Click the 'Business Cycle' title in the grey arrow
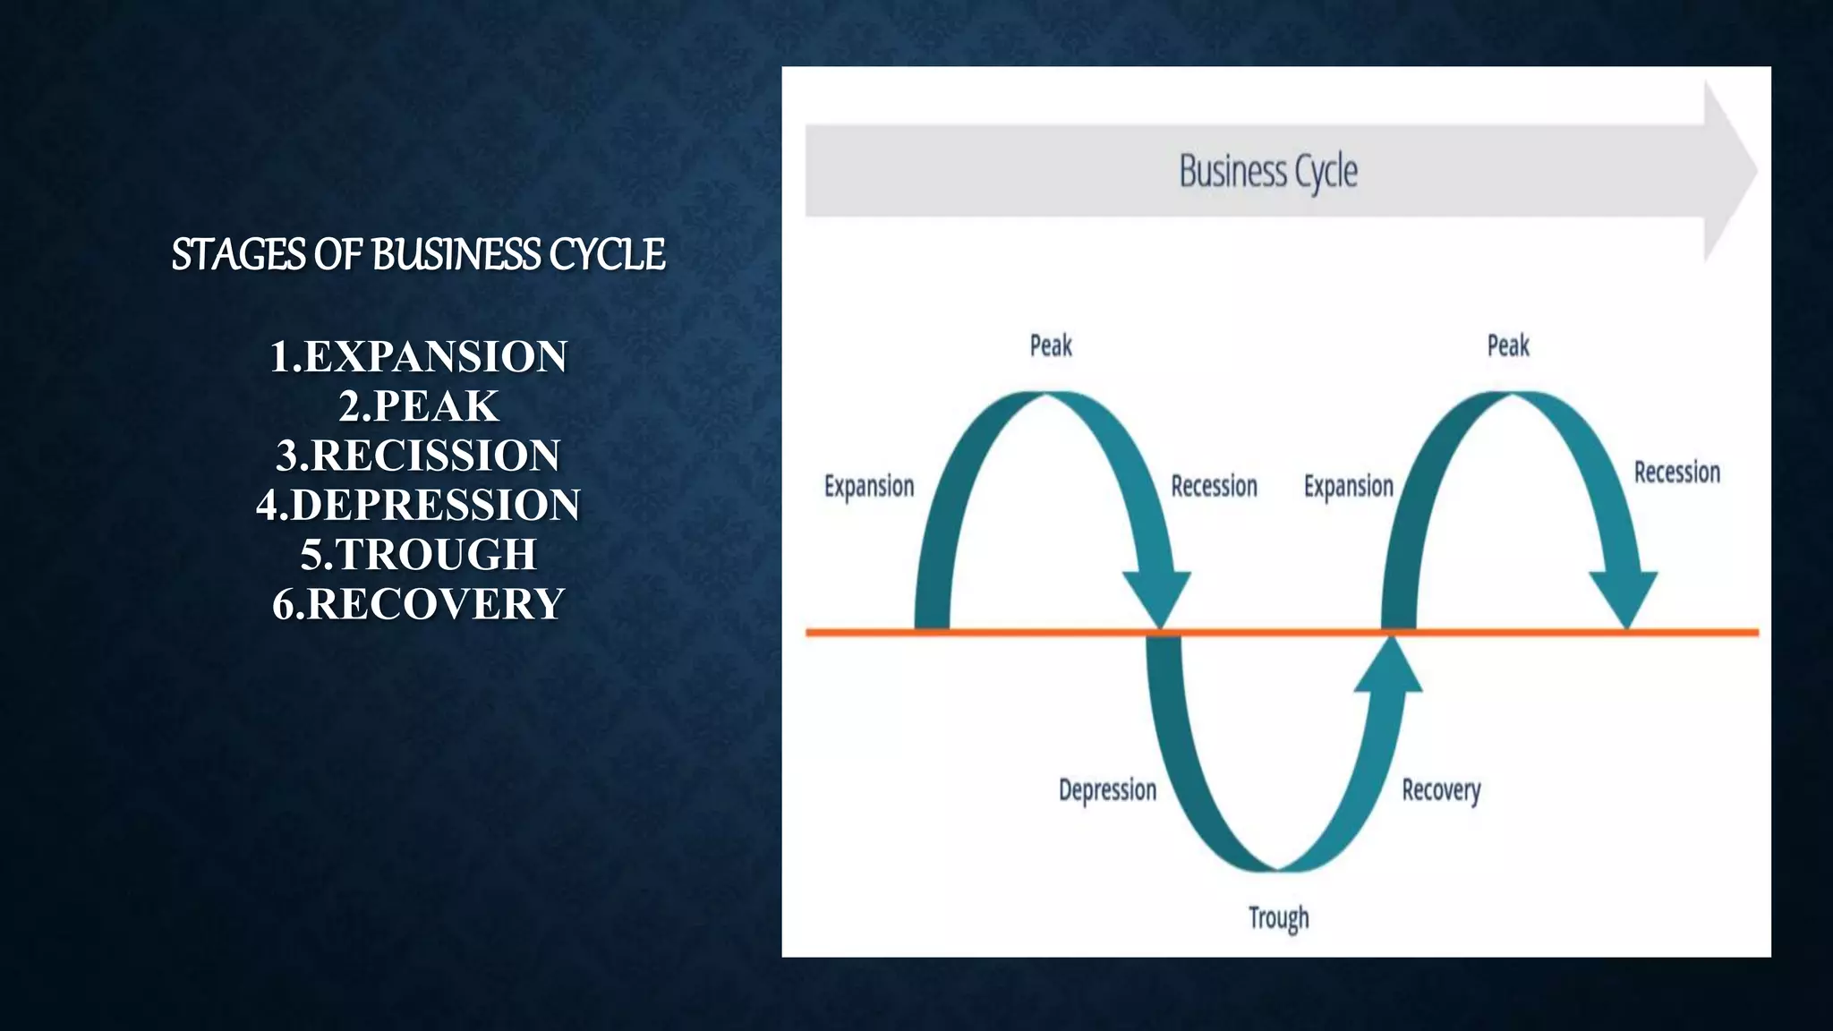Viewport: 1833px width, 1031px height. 1267,172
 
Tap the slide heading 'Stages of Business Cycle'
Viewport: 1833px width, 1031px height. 418,255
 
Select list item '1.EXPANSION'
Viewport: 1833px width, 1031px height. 418,356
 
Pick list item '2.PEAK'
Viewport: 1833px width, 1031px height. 418,405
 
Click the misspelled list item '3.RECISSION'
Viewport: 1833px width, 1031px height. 418,455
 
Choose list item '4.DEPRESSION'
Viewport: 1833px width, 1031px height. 418,505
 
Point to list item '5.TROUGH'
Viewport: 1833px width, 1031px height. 418,554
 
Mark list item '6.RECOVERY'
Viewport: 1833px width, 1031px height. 418,603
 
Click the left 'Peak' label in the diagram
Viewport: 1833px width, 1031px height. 1051,345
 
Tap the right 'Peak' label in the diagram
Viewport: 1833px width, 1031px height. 1508,345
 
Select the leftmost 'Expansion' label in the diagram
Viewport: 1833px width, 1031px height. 869,487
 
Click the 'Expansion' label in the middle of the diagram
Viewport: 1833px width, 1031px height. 1349,487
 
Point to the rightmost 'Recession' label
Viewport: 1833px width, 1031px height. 1677,473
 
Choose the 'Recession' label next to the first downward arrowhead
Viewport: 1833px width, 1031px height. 1215,487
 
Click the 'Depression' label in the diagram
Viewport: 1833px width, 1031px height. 1108,791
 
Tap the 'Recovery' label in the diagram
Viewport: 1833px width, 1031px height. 1441,791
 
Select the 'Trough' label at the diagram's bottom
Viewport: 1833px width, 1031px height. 1279,918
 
